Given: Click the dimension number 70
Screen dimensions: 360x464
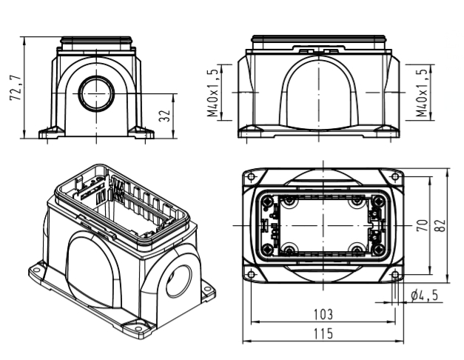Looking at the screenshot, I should pos(421,224).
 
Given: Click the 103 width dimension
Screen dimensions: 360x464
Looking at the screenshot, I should pos(323,315).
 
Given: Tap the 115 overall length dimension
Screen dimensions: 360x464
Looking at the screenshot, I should pos(323,334).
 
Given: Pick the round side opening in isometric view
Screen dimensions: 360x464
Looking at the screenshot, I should pos(180,280).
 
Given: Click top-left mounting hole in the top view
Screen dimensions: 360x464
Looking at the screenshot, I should pos(251,176).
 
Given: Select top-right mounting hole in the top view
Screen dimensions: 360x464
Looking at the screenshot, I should pos(396,176).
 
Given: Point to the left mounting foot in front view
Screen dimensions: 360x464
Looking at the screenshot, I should pos(50,133).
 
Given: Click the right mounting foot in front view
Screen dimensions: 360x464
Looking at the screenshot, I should pos(141,133).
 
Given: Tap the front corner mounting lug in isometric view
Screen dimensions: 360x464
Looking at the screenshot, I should pos(139,324).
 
